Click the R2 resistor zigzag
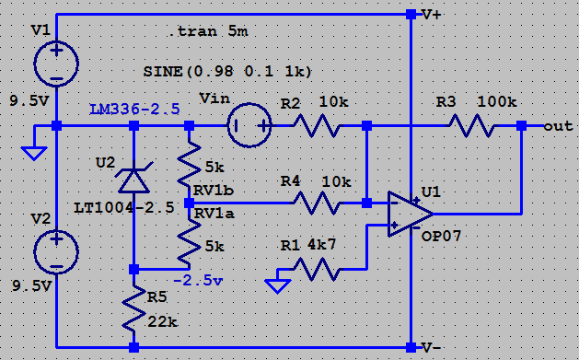(x=316, y=126)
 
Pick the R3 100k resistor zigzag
(x=472, y=126)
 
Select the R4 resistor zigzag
(x=316, y=203)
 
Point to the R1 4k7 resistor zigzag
(x=316, y=270)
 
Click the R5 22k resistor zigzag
(x=133, y=309)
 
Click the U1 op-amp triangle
(x=411, y=214)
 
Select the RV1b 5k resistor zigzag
(x=189, y=164)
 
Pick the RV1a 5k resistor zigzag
(x=189, y=242)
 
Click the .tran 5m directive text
(x=208, y=31)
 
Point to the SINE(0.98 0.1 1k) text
(x=227, y=71)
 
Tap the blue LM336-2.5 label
(x=134, y=110)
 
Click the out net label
(x=558, y=126)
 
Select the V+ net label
(x=432, y=15)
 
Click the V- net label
(x=432, y=347)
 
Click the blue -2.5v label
(x=198, y=281)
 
